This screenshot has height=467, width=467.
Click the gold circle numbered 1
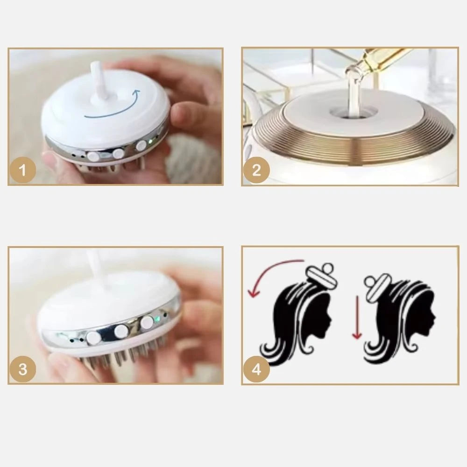click(23, 170)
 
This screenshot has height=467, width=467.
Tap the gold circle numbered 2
click(256, 170)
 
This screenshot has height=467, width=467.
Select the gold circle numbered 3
click(23, 369)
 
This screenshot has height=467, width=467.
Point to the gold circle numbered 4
click(256, 369)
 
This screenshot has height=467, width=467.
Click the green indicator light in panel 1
click(150, 141)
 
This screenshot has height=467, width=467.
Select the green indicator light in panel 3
click(158, 319)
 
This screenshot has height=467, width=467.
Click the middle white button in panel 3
click(121, 330)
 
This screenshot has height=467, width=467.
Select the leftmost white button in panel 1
click(93, 156)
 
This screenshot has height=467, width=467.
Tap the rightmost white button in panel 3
click(147, 323)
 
